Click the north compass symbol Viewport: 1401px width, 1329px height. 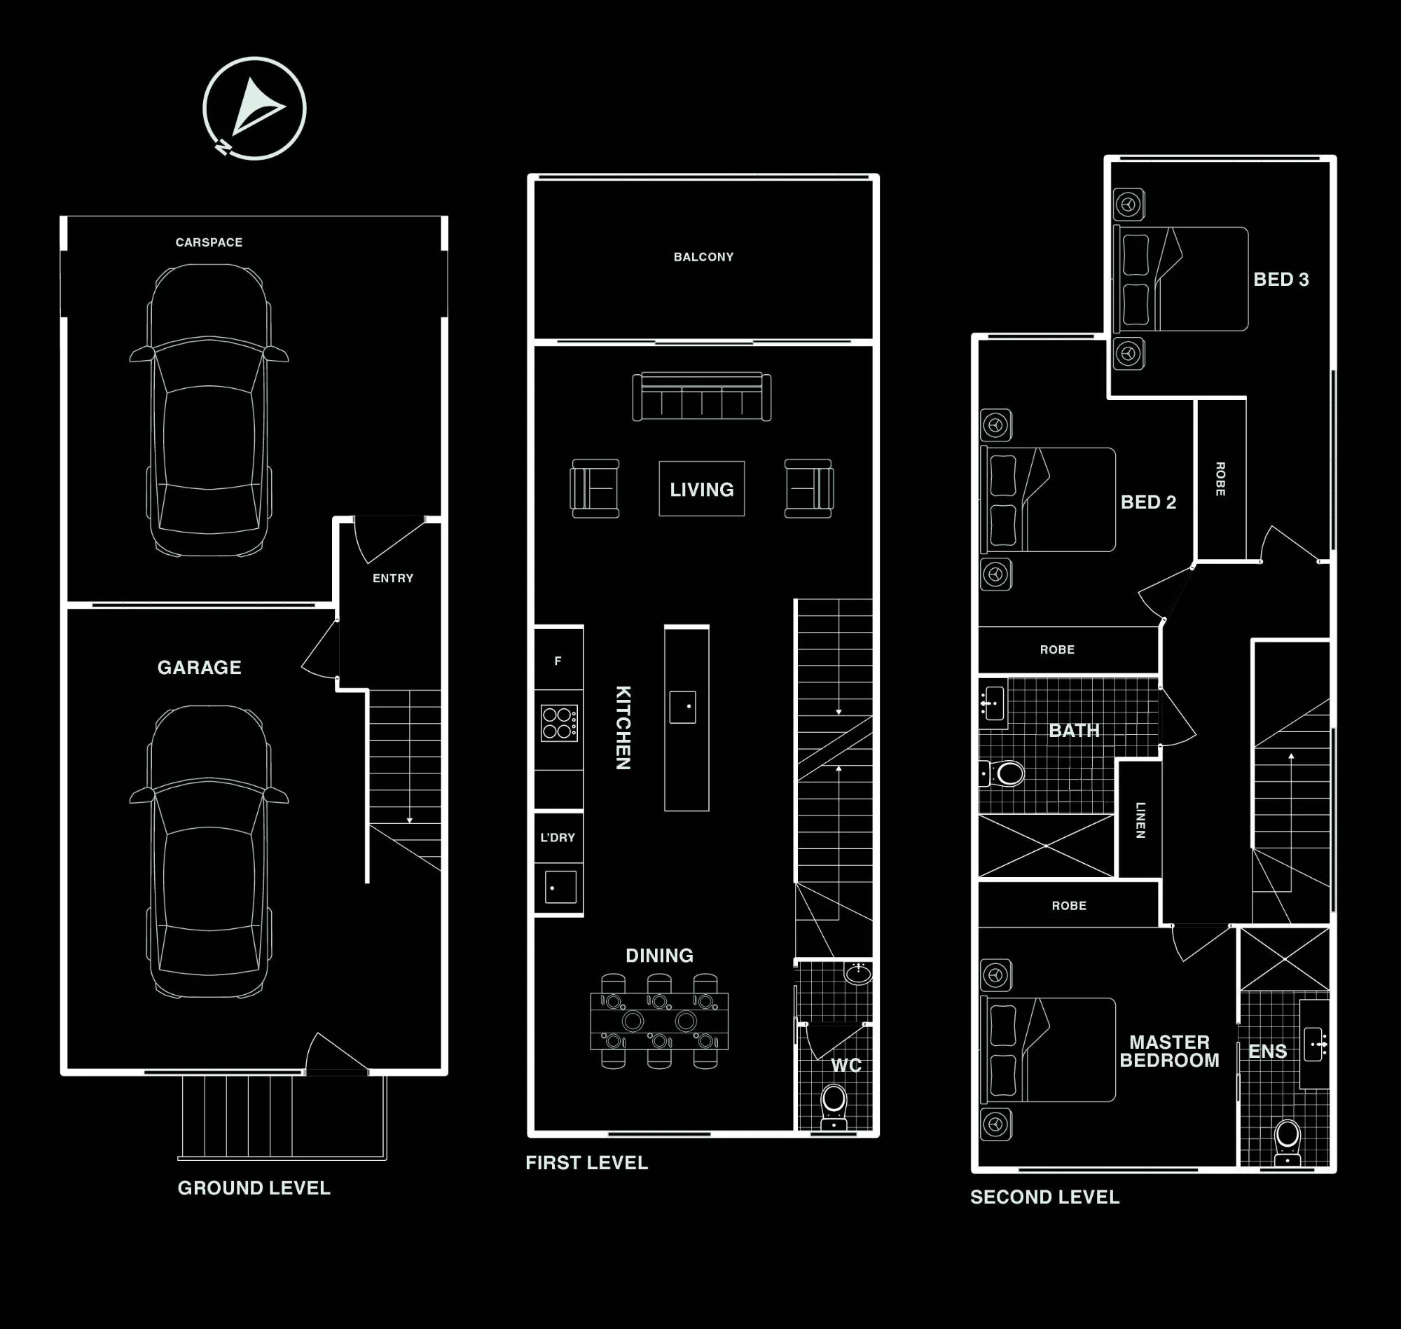click(x=254, y=109)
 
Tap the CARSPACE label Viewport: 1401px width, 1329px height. click(x=209, y=242)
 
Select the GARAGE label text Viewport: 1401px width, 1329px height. click(x=199, y=668)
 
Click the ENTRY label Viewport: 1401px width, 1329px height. click(x=393, y=578)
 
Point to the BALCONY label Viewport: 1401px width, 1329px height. click(x=703, y=257)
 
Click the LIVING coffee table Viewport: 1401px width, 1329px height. click(x=702, y=489)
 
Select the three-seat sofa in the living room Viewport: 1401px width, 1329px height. click(x=702, y=397)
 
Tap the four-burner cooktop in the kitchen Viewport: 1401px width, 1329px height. click(x=559, y=723)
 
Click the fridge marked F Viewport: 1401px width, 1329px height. click(x=559, y=660)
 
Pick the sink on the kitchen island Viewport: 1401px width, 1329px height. click(x=683, y=707)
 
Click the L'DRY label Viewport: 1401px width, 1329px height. click(x=558, y=837)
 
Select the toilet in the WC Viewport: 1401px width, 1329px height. click(x=834, y=1107)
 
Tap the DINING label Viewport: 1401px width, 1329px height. click(x=659, y=956)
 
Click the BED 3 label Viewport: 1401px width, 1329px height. click(x=1281, y=279)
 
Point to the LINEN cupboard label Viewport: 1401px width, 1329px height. click(x=1140, y=820)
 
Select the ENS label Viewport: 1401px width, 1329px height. click(x=1268, y=1052)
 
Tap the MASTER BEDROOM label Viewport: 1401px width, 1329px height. click(x=1169, y=1052)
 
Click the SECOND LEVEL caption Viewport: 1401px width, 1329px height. click(x=1044, y=1197)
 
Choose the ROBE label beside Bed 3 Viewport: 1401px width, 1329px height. click(x=1220, y=479)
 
